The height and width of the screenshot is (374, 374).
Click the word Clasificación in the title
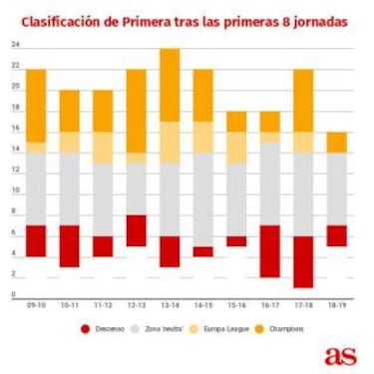pos(61,19)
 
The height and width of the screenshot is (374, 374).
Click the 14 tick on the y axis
pos(15,150)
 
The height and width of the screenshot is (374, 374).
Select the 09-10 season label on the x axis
pos(36,305)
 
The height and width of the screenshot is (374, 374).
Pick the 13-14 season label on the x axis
pos(169,305)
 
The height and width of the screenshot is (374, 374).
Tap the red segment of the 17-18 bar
pos(302,261)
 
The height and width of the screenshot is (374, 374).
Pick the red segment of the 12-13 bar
pos(136,230)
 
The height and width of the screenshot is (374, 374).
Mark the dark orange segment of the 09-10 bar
pos(36,106)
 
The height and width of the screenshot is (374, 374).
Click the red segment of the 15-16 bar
pos(235,240)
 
